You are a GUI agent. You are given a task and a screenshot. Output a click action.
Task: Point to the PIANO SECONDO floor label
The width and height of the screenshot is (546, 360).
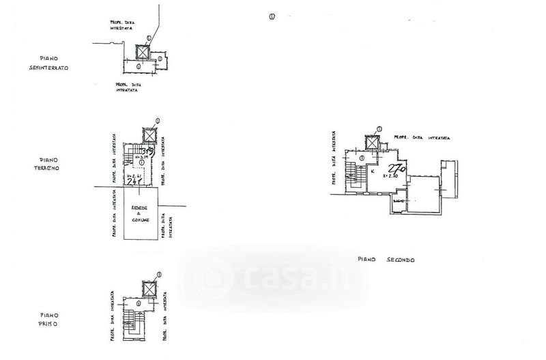pyautogui.click(x=386, y=260)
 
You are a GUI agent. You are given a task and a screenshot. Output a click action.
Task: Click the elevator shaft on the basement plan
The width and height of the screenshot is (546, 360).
pyautogui.click(x=143, y=53)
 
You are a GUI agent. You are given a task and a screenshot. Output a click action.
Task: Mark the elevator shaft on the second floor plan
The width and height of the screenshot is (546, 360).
pyautogui.click(x=372, y=143)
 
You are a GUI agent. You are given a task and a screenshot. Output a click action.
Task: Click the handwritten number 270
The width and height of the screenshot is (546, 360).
pyautogui.click(x=397, y=168)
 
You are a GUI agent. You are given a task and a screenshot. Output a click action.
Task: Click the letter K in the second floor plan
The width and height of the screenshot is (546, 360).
pyautogui.click(x=373, y=171)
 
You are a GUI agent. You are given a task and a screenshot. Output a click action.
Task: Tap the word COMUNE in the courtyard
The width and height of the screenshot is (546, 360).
pyautogui.click(x=141, y=222)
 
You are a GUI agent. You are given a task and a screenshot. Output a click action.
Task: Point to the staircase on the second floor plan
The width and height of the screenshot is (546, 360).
pyautogui.click(x=351, y=175)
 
